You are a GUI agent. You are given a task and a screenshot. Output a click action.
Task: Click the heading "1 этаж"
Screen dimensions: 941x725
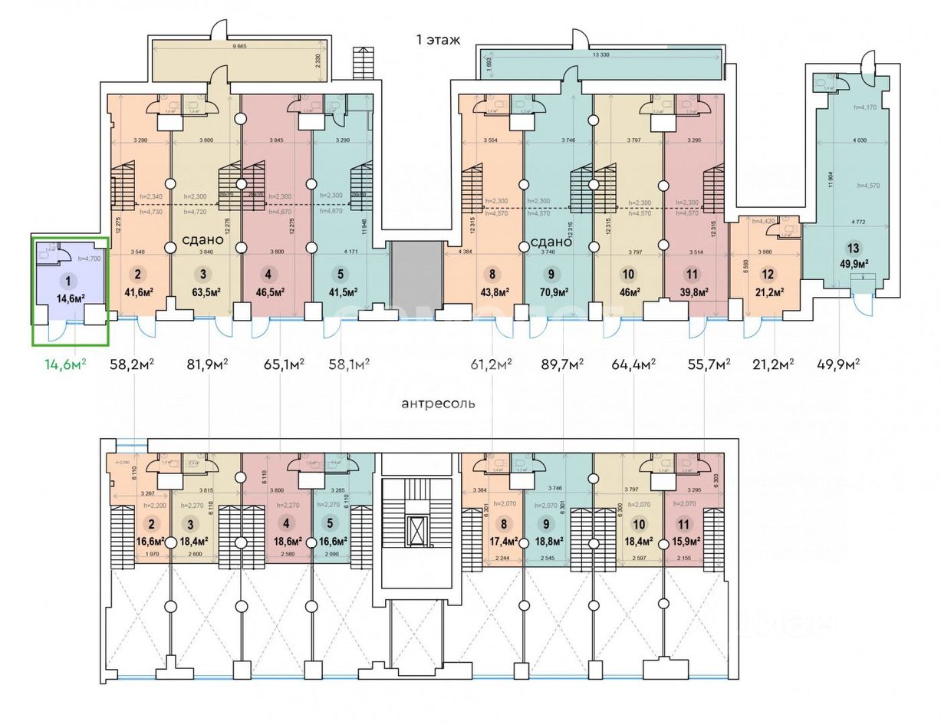click(438, 40)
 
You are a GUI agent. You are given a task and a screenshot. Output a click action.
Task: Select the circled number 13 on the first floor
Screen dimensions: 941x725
click(853, 249)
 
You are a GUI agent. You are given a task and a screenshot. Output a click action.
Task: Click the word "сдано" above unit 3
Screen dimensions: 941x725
click(202, 239)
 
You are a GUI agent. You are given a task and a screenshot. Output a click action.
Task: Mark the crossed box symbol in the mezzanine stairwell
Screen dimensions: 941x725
click(416, 529)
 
